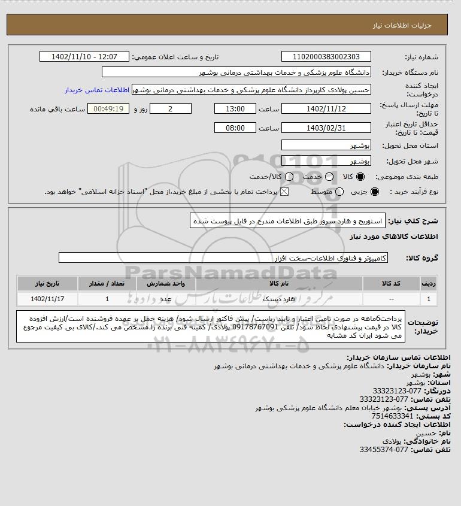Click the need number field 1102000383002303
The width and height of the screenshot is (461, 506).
(x=326, y=57)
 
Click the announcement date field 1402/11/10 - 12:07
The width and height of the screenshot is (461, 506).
(x=84, y=57)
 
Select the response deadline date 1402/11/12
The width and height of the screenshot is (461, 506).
(x=326, y=109)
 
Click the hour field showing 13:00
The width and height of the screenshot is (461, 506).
(x=235, y=109)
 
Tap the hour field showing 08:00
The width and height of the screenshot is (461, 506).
(x=235, y=128)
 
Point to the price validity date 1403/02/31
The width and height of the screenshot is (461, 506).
(x=326, y=128)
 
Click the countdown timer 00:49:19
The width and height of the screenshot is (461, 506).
(x=108, y=109)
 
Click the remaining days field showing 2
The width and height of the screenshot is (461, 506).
(x=171, y=109)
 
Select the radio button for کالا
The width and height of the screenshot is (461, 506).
(x=360, y=177)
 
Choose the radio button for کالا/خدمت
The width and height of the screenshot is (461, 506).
(x=290, y=177)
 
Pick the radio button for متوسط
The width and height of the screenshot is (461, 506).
(x=339, y=192)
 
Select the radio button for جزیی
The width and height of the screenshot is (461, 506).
(x=375, y=192)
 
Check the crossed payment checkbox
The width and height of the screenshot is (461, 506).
(x=284, y=192)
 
